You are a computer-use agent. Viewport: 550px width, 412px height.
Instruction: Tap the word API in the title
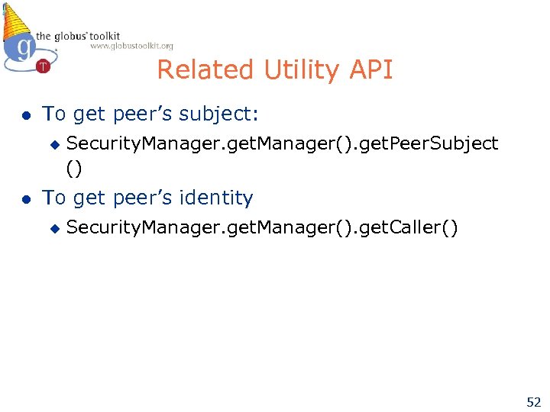[373, 70]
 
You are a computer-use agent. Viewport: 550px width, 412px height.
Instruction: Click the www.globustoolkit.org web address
[131, 46]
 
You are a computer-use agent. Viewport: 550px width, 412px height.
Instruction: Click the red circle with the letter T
[43, 66]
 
